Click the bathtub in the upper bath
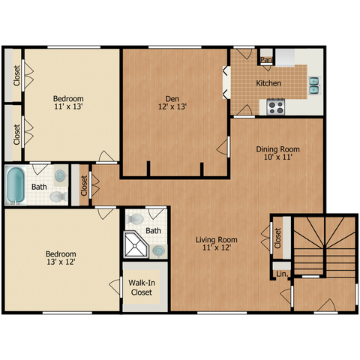pyautogui.click(x=16, y=185)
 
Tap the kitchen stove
pyautogui.click(x=276, y=106)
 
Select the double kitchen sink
pyautogui.click(x=314, y=85)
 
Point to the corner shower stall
pyautogui.click(x=136, y=244)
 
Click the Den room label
pyautogui.click(x=172, y=99)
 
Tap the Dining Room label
pyautogui.click(x=277, y=149)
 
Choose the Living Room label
pyautogui.click(x=217, y=240)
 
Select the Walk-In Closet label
pyautogui.click(x=142, y=287)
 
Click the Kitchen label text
pyautogui.click(x=268, y=83)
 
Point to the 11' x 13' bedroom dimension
pyautogui.click(x=68, y=106)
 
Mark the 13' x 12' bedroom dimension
pyautogui.click(x=61, y=262)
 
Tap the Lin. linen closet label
pyautogui.click(x=282, y=274)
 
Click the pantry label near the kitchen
pyautogui.click(x=266, y=60)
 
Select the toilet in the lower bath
pyautogui.click(x=134, y=219)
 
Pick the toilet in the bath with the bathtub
pyautogui.click(x=58, y=196)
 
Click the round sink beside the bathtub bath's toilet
pyautogui.click(x=60, y=175)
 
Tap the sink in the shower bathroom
pyautogui.click(x=159, y=250)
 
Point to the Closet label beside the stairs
pyautogui.click(x=277, y=238)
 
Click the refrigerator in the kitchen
pyautogui.click(x=285, y=57)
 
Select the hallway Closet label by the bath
pyautogui.click(x=84, y=185)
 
